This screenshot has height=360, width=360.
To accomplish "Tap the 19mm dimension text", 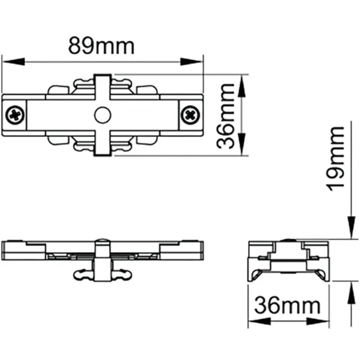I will [338, 157].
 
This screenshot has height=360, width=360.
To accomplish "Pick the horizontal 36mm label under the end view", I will [287, 305].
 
